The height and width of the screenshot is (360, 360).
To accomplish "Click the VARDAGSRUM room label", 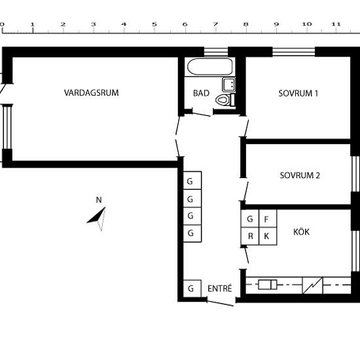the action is [x=92, y=93].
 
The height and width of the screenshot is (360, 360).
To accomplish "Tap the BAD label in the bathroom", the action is [x=201, y=93].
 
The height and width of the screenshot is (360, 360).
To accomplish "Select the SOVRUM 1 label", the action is [x=298, y=94].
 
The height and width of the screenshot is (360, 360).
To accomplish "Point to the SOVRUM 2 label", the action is [x=300, y=175].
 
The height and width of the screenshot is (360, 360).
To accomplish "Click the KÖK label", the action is [x=301, y=232].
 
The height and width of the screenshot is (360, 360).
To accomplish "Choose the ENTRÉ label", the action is [x=220, y=289].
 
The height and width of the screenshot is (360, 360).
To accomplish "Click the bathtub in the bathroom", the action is [x=210, y=67].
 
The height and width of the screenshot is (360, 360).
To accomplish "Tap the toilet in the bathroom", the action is [x=225, y=99].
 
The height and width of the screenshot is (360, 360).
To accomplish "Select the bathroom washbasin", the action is [x=228, y=84].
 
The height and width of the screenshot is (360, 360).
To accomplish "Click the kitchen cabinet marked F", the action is [x=268, y=219].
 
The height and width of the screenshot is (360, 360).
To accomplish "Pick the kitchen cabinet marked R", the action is [x=250, y=236].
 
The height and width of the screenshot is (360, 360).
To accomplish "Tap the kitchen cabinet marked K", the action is [x=268, y=236].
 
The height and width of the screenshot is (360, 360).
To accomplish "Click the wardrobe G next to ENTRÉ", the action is [x=192, y=289].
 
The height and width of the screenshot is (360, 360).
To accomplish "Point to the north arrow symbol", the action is [x=98, y=219].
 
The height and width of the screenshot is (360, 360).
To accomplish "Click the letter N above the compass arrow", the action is [x=99, y=200].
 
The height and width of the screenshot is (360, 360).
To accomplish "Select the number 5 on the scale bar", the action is [x=154, y=24].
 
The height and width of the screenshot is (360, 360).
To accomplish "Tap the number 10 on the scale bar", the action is [x=307, y=24].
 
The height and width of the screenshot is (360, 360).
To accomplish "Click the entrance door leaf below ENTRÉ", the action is [x=220, y=303].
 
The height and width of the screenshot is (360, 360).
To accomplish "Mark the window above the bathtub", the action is [x=216, y=52].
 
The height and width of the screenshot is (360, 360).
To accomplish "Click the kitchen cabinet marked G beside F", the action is [x=250, y=219].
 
